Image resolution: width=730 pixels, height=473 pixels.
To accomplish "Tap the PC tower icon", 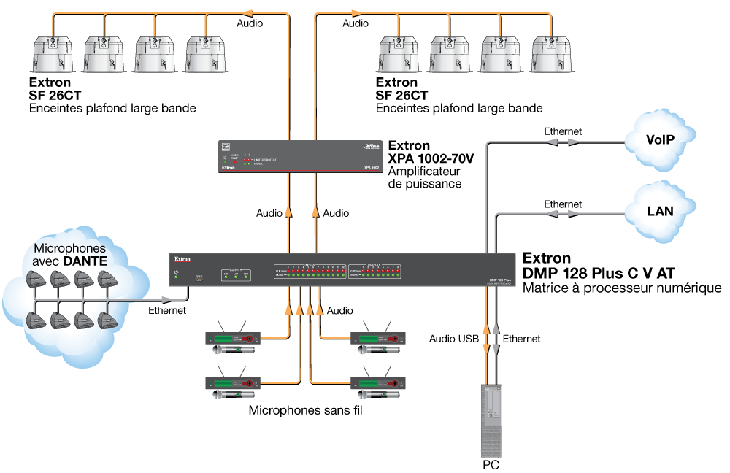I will click(490, 420).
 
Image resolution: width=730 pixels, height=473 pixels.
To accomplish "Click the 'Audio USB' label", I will click(454, 339).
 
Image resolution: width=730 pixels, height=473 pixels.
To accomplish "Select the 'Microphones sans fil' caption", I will click(306, 410).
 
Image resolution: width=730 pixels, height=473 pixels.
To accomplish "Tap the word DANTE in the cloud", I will click(86, 260).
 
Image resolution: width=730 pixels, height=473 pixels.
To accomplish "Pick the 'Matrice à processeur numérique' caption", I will click(622, 288).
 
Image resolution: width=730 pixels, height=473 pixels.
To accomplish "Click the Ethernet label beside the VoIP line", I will click(563, 131).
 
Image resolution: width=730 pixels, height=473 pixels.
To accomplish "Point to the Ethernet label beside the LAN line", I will click(563, 204).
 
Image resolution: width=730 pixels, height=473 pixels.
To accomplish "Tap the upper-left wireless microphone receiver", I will click(233, 338).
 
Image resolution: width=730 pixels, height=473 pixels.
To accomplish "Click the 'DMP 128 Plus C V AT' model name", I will click(598, 273).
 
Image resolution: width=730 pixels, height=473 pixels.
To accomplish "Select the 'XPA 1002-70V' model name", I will click(431, 158).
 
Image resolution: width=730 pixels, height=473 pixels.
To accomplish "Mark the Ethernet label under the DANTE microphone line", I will click(167, 310).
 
